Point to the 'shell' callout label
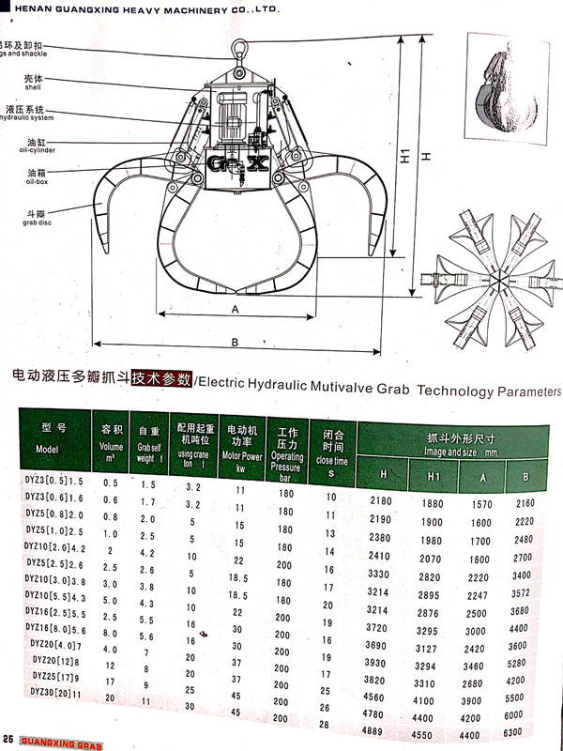(34, 82)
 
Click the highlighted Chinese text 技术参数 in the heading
(160, 379)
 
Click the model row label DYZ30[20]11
(55, 692)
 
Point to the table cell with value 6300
(538, 731)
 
